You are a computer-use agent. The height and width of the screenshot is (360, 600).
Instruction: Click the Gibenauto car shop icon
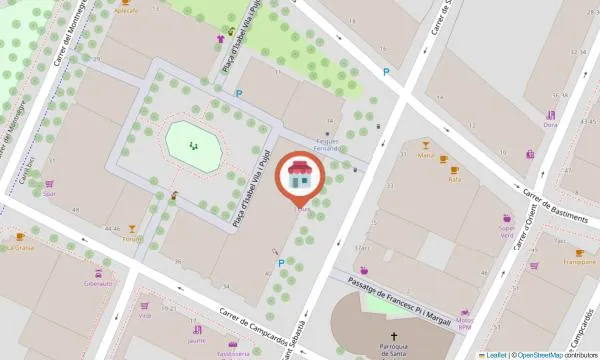(99, 271)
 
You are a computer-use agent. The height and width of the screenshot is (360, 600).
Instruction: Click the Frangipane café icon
(579, 252)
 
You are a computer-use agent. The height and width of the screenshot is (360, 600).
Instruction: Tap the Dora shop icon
(550, 115)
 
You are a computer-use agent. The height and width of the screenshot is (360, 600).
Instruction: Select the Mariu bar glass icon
(426, 145)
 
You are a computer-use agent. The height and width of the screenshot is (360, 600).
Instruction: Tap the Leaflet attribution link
(496, 354)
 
